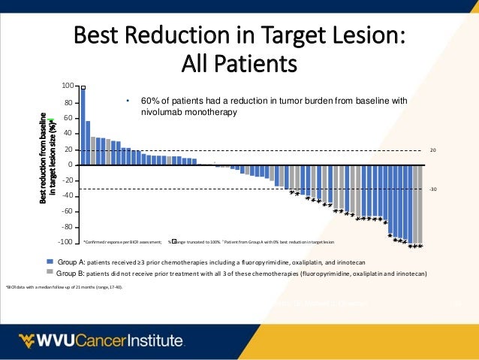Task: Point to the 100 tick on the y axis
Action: tap(68, 87)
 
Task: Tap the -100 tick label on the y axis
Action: tap(66, 242)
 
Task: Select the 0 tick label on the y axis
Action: tap(71, 165)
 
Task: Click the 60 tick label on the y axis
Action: tap(69, 118)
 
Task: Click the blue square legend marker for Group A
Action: tap(50, 260)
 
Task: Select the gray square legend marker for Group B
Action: tap(50, 271)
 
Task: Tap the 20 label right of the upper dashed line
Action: tap(432, 150)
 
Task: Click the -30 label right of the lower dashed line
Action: tap(432, 189)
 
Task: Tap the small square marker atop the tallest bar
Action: tap(83, 86)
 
